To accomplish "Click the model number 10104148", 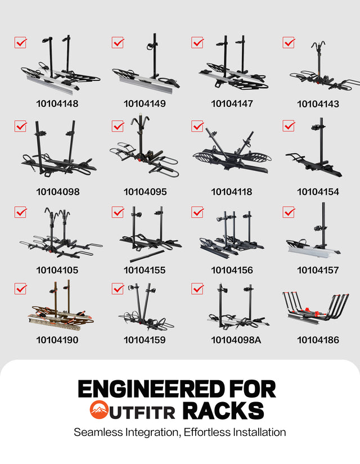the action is click(57, 103).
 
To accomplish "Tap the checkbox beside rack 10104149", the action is click(118, 42).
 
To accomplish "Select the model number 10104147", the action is click(232, 103).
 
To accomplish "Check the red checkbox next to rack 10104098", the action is click(20, 126).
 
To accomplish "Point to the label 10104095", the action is click(145, 192).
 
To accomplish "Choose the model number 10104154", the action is click(318, 192).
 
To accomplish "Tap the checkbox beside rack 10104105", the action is click(20, 212).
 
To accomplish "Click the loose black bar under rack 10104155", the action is click(147, 256).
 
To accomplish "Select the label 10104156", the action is click(232, 270).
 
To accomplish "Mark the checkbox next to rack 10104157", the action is click(289, 212).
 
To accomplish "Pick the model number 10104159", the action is click(145, 340).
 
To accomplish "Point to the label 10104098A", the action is click(236, 340).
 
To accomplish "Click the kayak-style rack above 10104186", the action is click(316, 308).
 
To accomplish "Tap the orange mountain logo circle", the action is click(99, 409).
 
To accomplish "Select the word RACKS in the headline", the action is click(223, 411).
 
